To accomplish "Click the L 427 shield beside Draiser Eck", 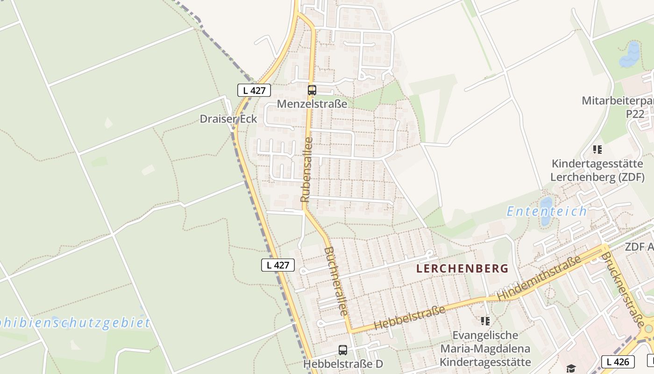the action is coord(254,90).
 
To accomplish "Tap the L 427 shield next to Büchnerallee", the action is coord(278,265).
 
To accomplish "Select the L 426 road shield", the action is coord(618,361).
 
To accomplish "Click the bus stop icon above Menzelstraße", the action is coord(312,90).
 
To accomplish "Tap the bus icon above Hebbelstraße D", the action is coord(343,350).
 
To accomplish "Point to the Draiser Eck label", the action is coord(228,119).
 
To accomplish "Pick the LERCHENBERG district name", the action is coord(462,268).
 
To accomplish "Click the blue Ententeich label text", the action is coord(547,211).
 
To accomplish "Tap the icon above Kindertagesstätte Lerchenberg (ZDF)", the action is coord(597,150).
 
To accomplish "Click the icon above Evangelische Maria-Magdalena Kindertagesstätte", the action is coord(485,321).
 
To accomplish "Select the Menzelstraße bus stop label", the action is coord(312,104).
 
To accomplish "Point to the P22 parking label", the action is coord(635,114).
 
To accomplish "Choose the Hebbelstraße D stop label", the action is coord(343,363).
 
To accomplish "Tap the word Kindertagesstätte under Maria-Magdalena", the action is coord(485,362).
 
